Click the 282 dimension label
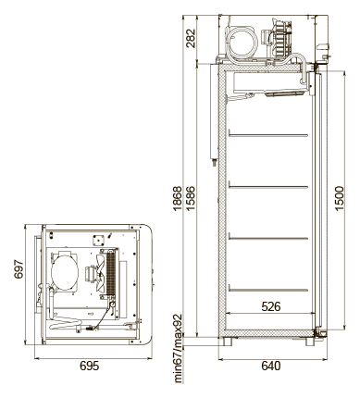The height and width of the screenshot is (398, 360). [x=191, y=38]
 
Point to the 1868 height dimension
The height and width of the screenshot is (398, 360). [x=178, y=198]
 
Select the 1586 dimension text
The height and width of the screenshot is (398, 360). [x=191, y=198]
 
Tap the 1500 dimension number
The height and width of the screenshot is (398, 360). [x=339, y=198]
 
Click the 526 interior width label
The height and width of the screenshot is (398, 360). [x=271, y=306]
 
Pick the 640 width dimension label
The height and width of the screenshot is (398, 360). [x=271, y=366]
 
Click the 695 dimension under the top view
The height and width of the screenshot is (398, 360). [x=90, y=366]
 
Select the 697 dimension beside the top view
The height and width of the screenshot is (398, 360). [x=19, y=269]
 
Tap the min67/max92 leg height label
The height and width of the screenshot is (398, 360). [x=178, y=349]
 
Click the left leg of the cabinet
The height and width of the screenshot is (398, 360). [x=228, y=342]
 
